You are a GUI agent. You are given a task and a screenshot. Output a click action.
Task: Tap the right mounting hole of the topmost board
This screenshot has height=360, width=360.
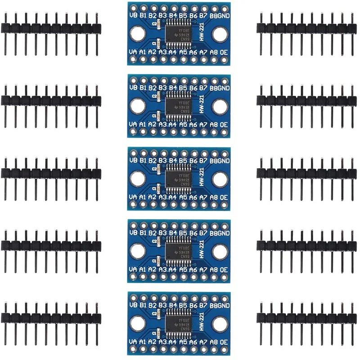click(x=220, y=34)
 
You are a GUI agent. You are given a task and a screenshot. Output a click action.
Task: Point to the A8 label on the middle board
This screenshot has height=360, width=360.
click(x=214, y=197)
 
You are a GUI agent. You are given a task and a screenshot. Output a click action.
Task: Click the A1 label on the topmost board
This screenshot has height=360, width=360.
click(x=143, y=52)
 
